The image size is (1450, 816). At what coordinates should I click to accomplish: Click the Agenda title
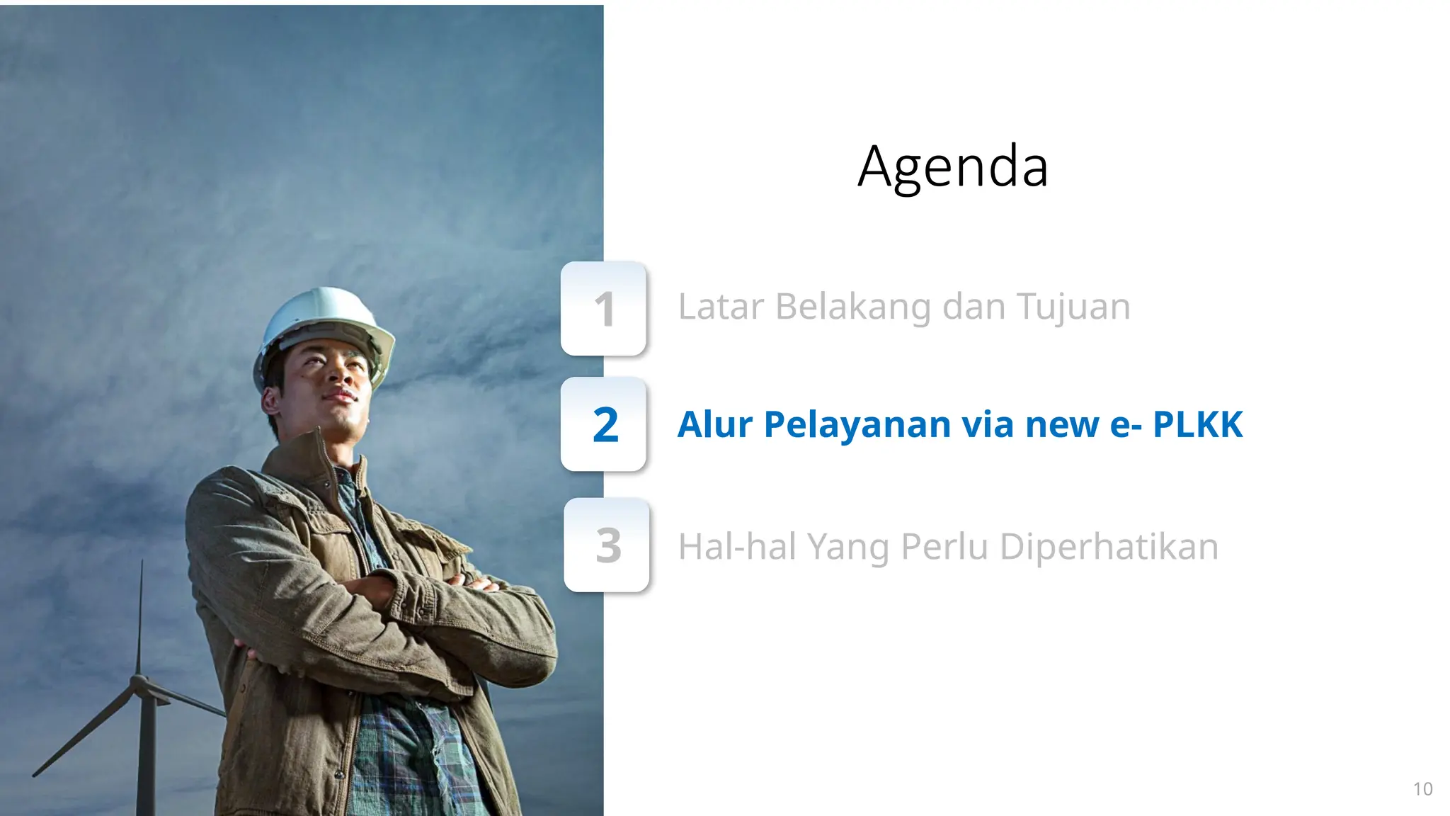(952, 167)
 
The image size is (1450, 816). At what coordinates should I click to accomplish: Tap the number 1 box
(603, 309)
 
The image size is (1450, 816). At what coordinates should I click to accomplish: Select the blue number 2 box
(604, 424)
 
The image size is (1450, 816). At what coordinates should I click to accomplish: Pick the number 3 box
(607, 545)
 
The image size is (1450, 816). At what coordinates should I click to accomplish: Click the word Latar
(721, 307)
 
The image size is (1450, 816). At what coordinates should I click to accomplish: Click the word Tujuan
(1073, 308)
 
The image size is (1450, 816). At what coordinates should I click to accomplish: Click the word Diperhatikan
(1109, 547)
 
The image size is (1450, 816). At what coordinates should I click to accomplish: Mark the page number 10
(1422, 789)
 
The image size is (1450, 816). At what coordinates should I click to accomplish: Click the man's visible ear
(270, 400)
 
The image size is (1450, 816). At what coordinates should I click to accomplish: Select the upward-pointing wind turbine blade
(140, 616)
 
